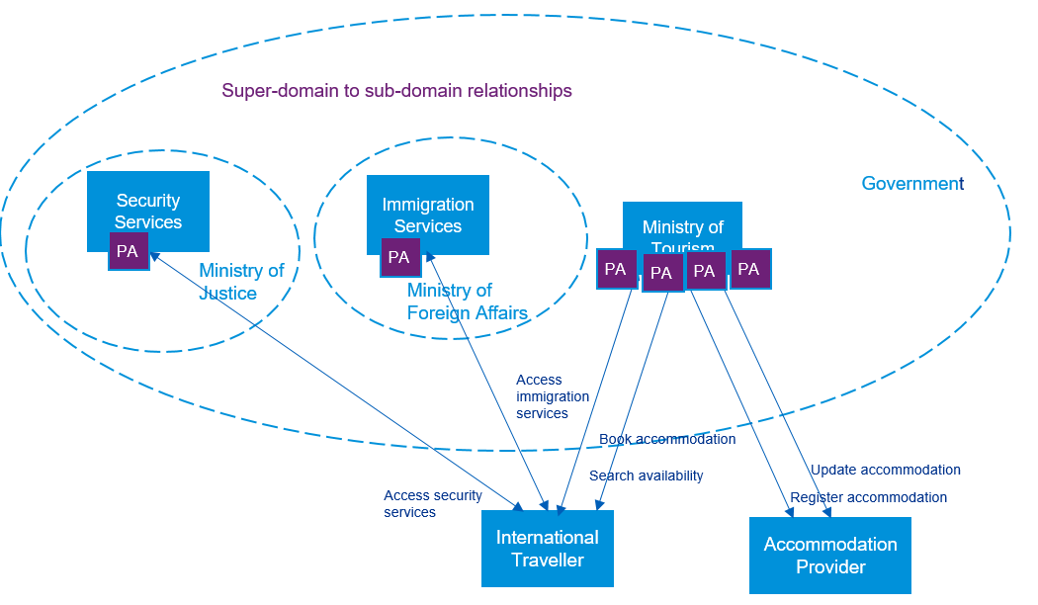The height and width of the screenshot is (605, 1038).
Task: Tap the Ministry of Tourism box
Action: pos(682,225)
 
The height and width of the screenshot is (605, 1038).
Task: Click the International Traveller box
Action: pos(547,549)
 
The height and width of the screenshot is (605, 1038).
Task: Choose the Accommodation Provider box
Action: pos(829,556)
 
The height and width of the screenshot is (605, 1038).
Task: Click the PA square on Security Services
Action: pos(129,251)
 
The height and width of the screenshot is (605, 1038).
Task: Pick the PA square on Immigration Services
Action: pos(399,257)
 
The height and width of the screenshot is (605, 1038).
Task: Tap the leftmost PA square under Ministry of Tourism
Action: pos(616,269)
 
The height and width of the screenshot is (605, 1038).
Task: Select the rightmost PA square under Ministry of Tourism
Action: pos(749,269)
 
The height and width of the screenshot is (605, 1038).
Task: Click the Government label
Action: pos(911,184)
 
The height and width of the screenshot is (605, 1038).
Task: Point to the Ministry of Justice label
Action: pos(240,282)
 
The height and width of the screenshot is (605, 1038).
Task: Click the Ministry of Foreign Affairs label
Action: pos(467,302)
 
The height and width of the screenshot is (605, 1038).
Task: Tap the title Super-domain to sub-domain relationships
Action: pos(396,91)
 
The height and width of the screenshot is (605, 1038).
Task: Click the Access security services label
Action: pos(432,504)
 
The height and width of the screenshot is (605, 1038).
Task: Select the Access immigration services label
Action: pos(552,396)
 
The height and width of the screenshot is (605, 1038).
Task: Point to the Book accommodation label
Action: pos(667,439)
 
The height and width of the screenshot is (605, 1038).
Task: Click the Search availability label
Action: pos(646,475)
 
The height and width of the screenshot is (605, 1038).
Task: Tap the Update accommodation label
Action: pos(885,470)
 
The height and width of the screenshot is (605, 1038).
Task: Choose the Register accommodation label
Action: pos(868,497)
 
